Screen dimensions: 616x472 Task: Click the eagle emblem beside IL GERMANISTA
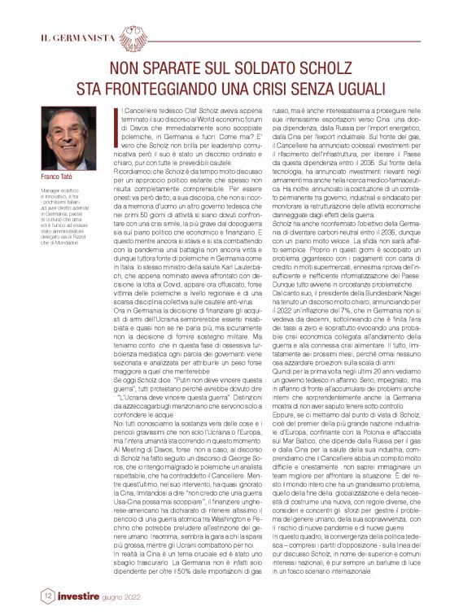click(138, 38)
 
